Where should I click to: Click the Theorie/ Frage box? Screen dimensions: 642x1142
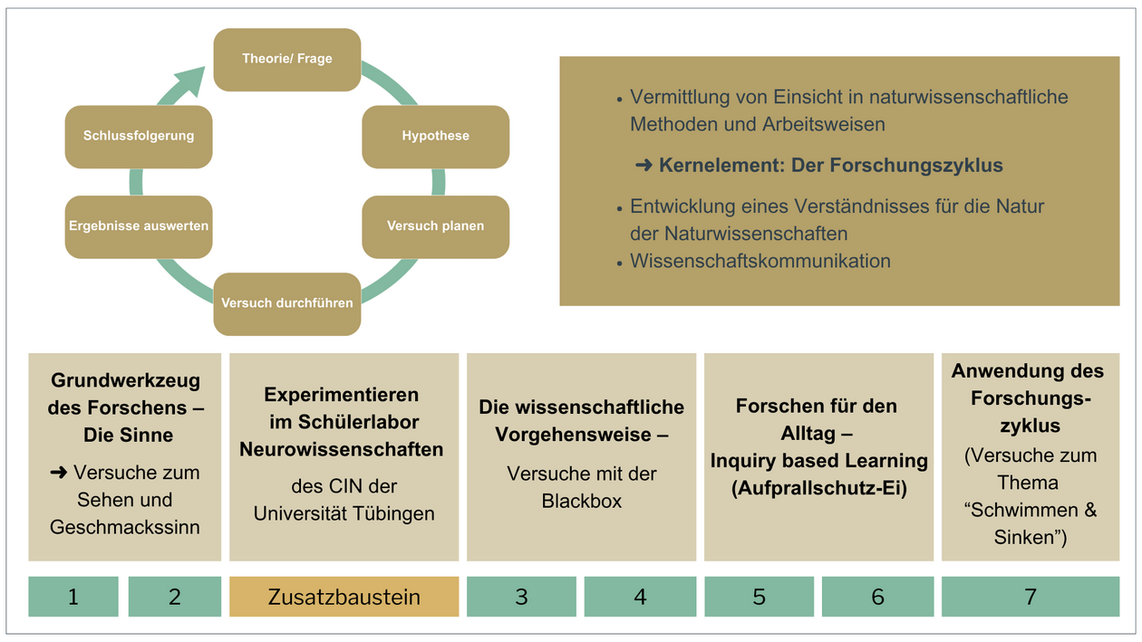click(286, 59)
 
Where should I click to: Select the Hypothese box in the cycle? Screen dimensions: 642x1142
click(435, 136)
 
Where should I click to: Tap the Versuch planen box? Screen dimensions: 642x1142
click(435, 225)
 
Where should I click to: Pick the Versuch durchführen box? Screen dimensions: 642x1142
click(286, 302)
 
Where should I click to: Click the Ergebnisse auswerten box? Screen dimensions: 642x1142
click(139, 225)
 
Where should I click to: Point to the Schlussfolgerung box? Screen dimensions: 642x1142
click(139, 136)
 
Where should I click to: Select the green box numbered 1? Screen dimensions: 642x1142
click(73, 597)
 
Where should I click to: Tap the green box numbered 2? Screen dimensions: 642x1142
click(175, 597)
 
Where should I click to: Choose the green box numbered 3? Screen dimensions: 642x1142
click(521, 597)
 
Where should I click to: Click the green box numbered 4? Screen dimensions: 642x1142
click(640, 597)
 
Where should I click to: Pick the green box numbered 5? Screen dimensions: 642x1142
click(759, 597)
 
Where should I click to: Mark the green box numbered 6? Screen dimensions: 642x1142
click(877, 597)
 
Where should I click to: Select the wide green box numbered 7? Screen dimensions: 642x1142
click(1031, 597)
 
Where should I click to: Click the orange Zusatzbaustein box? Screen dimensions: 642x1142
click(344, 597)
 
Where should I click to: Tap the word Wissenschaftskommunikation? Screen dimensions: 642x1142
click(760, 261)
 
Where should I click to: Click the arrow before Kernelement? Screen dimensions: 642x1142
click(644, 166)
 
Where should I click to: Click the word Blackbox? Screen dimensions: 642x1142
click(582, 501)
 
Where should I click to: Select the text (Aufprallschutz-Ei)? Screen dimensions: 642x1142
click(818, 487)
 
